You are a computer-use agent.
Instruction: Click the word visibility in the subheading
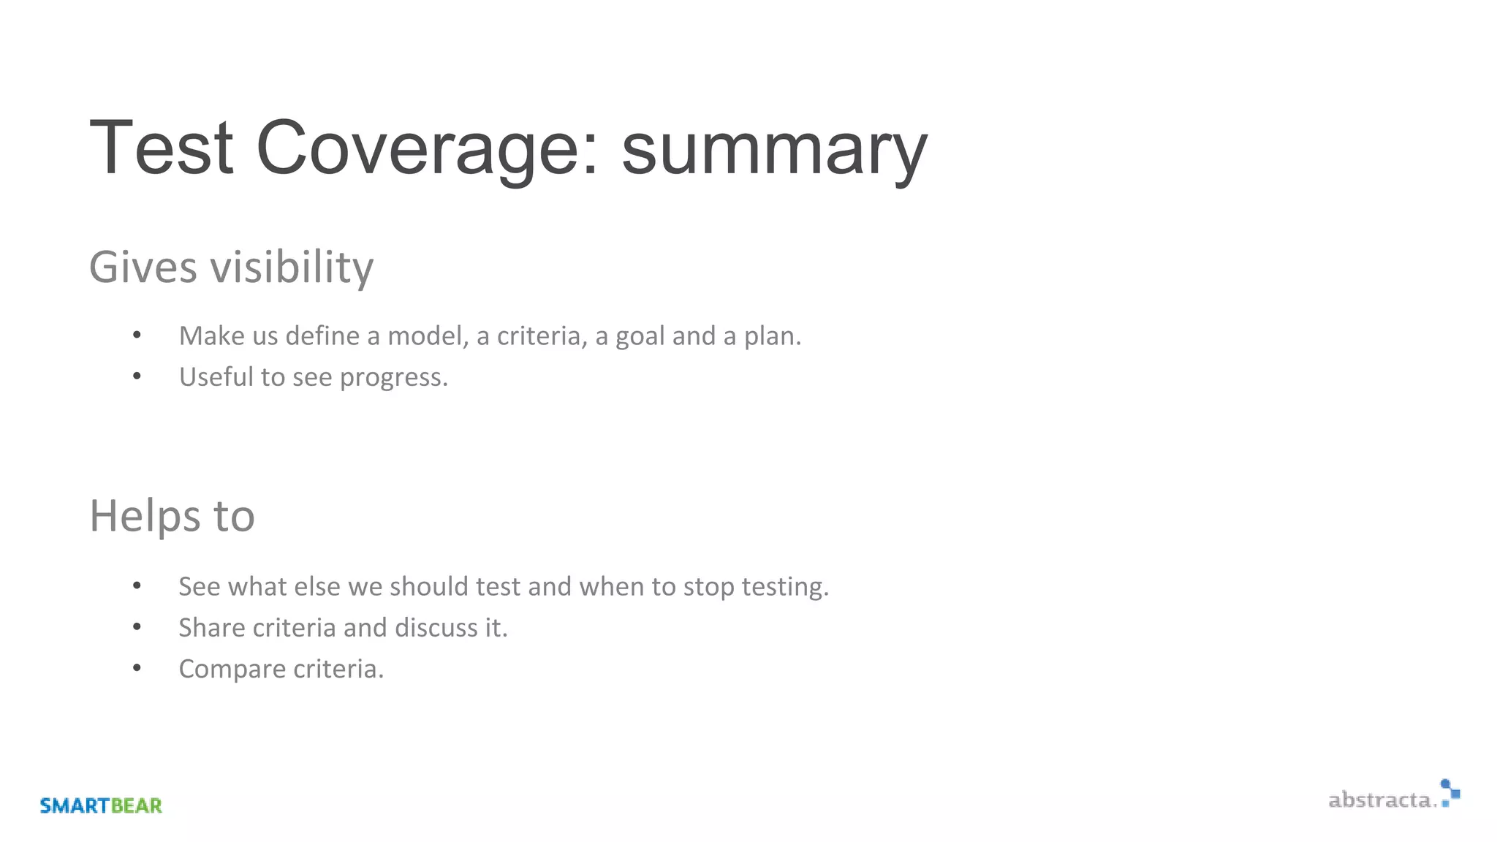(292, 267)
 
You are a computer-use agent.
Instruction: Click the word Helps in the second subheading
(143, 517)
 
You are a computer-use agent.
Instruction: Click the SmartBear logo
(101, 805)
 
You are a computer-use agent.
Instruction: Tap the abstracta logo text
(1380, 800)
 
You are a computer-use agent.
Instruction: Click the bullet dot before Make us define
(137, 335)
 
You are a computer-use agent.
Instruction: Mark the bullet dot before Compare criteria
(137, 668)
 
